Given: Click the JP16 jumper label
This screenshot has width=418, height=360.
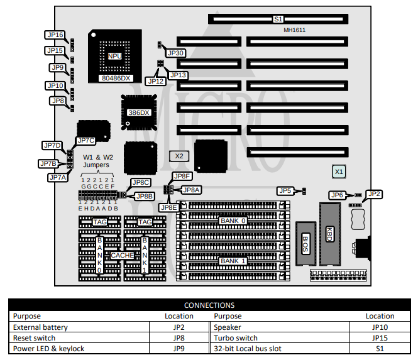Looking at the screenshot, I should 55,35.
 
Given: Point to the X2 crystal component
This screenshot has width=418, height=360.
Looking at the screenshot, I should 179,155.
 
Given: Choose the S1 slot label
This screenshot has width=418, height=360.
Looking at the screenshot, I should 278,19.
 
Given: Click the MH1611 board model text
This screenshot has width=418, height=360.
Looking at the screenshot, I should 294,30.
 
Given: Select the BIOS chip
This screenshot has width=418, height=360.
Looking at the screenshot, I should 305,241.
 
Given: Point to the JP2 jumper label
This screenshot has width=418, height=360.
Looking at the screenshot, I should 373,194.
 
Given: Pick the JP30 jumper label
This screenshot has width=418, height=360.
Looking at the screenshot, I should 175,53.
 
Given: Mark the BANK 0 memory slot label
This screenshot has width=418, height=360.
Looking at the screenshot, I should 233,221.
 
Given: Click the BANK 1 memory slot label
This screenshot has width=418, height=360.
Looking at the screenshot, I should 233,261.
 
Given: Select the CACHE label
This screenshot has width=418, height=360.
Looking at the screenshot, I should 122,255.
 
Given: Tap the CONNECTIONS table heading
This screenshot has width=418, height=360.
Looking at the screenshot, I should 209,305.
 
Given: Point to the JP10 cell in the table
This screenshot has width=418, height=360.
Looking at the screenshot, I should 380,327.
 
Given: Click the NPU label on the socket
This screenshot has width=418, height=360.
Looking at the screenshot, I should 114,57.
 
